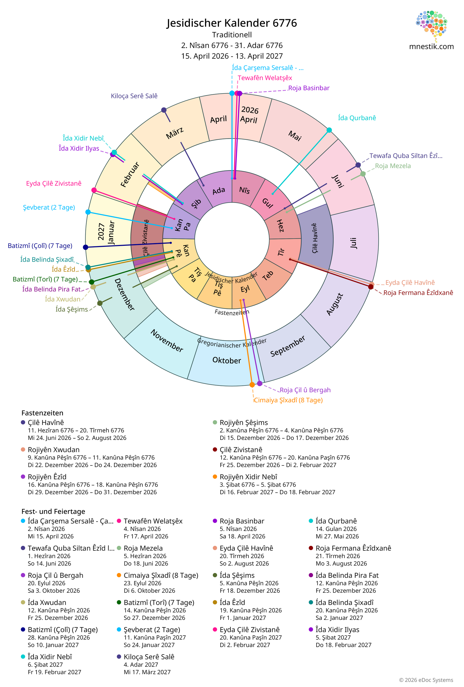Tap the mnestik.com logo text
(x=431, y=46)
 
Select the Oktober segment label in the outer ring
(x=227, y=361)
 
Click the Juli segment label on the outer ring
(x=353, y=243)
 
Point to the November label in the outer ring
(x=167, y=341)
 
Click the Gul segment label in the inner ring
(x=267, y=203)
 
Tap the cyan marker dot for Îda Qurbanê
(x=329, y=130)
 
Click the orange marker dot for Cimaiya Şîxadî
(x=252, y=385)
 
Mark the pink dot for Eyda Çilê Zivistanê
(x=94, y=190)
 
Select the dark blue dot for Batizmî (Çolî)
(x=86, y=247)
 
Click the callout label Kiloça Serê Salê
(x=134, y=96)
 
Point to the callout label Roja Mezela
(x=393, y=166)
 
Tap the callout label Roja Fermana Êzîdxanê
(x=418, y=293)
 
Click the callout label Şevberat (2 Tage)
(x=49, y=207)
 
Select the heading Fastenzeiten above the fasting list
(x=42, y=413)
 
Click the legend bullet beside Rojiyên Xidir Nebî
(x=215, y=477)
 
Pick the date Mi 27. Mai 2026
(x=337, y=536)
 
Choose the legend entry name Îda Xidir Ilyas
(x=337, y=630)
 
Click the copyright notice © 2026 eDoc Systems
(x=426, y=680)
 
